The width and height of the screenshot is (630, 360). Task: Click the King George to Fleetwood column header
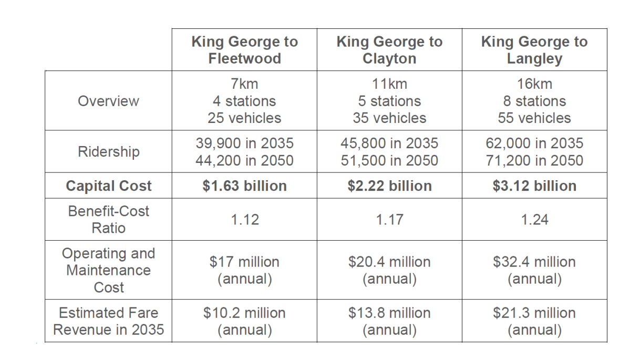(244, 50)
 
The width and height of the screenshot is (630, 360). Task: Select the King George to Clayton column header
(389, 50)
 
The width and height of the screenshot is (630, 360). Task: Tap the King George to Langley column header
(534, 50)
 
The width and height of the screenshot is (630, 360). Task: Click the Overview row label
(108, 101)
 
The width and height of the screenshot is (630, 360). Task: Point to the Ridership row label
(108, 152)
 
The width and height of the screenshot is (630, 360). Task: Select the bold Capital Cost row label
(108, 186)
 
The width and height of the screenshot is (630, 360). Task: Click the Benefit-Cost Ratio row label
(108, 220)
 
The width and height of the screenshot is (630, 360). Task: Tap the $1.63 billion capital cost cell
(244, 186)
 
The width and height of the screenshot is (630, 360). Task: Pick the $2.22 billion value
(389, 186)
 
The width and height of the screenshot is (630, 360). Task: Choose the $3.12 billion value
(534, 186)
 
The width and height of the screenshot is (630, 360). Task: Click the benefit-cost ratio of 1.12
(244, 220)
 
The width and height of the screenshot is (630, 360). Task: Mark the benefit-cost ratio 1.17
(389, 220)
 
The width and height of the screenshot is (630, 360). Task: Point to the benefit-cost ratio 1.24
(534, 220)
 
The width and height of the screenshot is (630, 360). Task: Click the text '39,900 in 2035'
(244, 143)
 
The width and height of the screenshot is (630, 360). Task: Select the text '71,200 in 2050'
(534, 160)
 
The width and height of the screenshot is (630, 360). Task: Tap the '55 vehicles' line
(534, 118)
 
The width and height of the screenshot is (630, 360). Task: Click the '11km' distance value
(389, 84)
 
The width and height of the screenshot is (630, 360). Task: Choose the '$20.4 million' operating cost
(389, 262)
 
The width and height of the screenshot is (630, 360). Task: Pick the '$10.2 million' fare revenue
(244, 313)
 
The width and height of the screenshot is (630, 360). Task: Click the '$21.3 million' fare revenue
(534, 313)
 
